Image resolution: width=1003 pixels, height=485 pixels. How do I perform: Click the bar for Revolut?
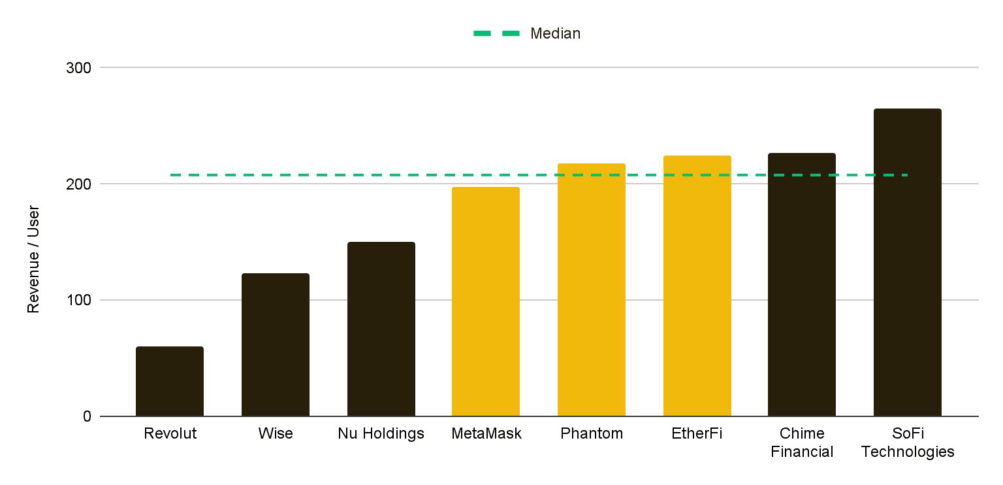click(x=170, y=382)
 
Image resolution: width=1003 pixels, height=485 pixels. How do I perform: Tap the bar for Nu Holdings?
click(x=381, y=329)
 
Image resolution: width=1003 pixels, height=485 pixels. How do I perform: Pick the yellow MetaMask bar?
click(x=486, y=302)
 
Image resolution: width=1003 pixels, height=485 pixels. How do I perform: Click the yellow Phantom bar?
click(x=592, y=290)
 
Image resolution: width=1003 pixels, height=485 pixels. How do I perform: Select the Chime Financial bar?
click(x=802, y=285)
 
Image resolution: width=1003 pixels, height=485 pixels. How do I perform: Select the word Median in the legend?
click(x=555, y=34)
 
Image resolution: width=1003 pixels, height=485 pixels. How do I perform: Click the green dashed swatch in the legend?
click(x=496, y=34)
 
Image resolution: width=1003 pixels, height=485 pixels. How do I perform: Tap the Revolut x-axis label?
click(x=170, y=434)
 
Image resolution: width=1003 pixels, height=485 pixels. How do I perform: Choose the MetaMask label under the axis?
click(x=486, y=434)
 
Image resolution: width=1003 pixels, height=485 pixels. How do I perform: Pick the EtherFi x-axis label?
click(x=697, y=434)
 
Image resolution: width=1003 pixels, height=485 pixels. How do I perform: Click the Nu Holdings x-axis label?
click(x=381, y=434)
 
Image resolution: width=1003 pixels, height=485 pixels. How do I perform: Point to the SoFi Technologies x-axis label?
click(x=908, y=443)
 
